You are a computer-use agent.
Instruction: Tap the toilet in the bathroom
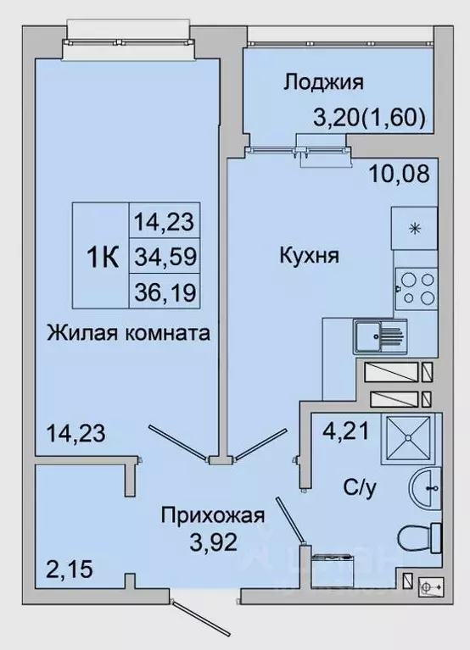pos(420,535)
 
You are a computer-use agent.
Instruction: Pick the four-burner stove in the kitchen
pos(415,289)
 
